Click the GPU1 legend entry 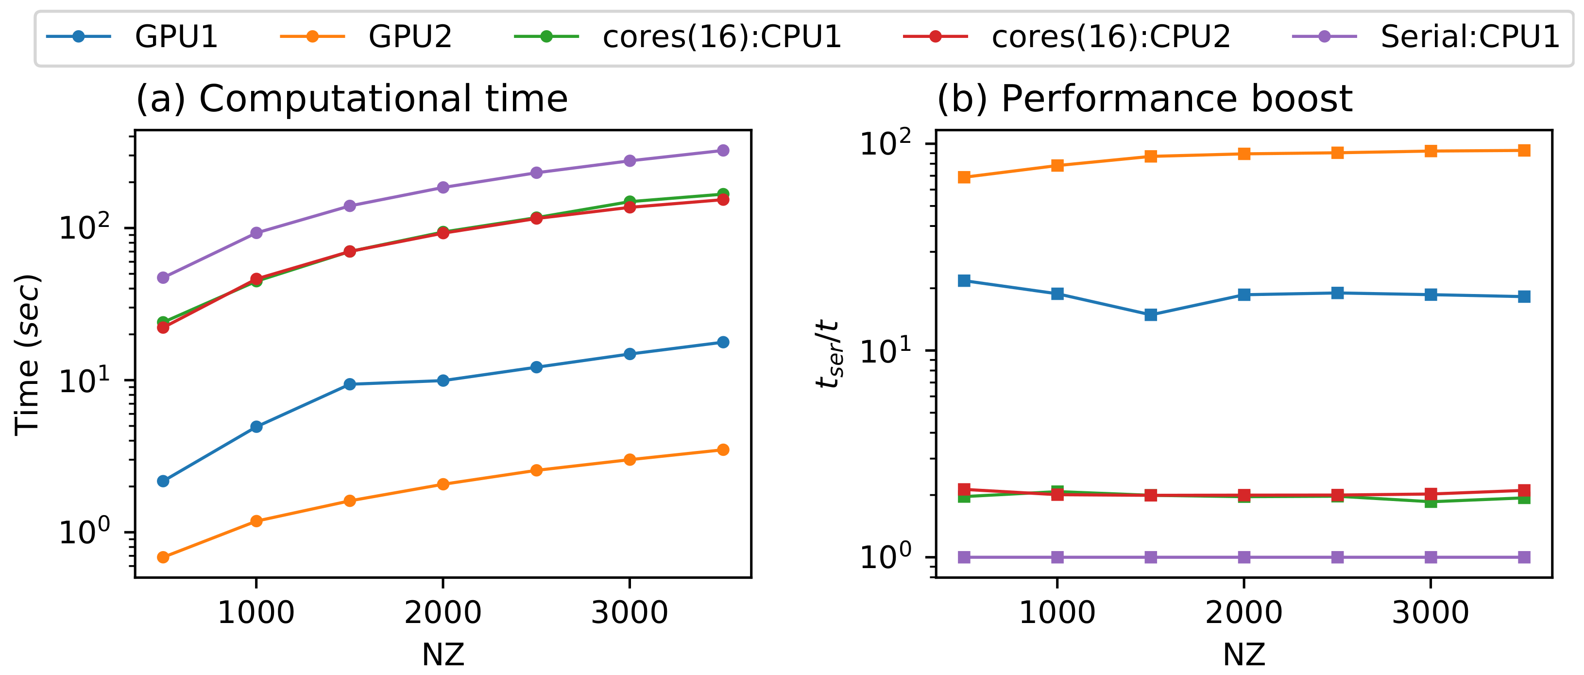pos(176,37)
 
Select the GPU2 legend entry pos(409,37)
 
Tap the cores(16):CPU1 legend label pos(721,37)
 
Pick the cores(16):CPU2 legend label pos(1110,37)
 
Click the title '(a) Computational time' pos(352,99)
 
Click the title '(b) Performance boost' pos(1144,99)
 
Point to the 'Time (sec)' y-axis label pos(28,355)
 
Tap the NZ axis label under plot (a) pos(443,655)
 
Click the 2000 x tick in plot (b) pos(1243,613)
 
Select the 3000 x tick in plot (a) pos(629,613)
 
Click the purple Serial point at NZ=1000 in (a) pos(256,233)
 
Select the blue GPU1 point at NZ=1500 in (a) pos(350,384)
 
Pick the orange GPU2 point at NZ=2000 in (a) pos(443,484)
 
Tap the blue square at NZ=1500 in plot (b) pos(1151,315)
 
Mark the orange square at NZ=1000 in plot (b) pos(1057,166)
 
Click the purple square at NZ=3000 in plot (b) pos(1431,557)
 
